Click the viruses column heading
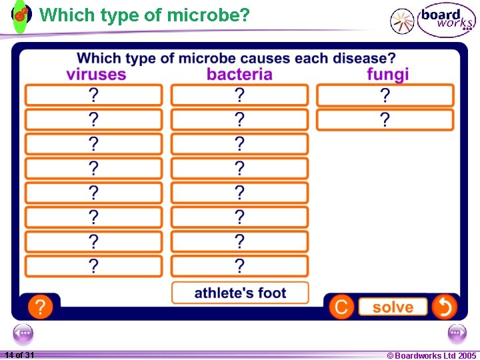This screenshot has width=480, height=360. coord(96,74)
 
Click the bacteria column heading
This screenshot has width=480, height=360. coord(239,74)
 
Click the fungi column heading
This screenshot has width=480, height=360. coord(387,74)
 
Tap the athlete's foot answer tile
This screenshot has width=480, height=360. coord(240,293)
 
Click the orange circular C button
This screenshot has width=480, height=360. coord(341,307)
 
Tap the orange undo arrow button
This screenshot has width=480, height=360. coord(444,307)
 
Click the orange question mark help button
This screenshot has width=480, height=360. coord(40,307)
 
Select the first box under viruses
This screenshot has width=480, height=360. coord(93,95)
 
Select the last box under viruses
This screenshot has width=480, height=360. coord(93,266)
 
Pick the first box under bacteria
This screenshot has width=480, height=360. coord(239,95)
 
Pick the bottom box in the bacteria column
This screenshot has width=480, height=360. coord(239,266)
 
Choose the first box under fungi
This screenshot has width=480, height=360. coord(385,95)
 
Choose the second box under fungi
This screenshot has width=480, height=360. coord(385,120)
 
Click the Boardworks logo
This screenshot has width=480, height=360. coord(445,20)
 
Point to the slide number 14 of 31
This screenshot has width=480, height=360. coord(19,355)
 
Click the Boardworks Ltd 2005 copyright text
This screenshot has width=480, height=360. coord(431,355)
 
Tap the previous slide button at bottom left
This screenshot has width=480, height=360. coord(23,333)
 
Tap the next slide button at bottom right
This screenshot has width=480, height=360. coord(457,333)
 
